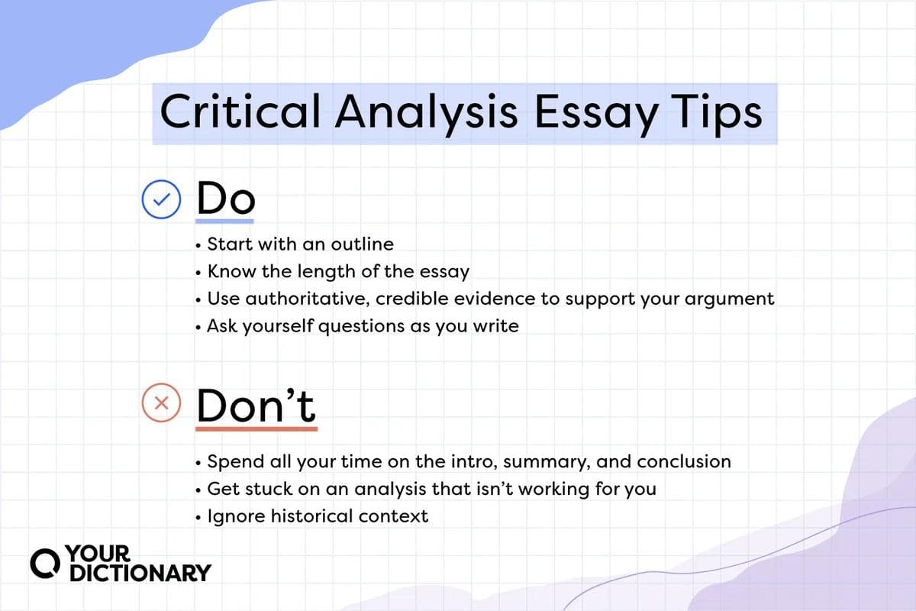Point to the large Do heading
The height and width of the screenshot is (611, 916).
pos(225,199)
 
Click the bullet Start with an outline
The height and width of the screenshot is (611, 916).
pos(301,244)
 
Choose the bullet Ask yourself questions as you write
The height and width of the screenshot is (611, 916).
pos(363,326)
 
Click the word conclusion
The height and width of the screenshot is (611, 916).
pos(684,462)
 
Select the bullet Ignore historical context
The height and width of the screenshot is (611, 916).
pos(318,516)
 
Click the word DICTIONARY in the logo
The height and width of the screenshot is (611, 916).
pos(140,573)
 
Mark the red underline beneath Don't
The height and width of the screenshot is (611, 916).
pos(256,428)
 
